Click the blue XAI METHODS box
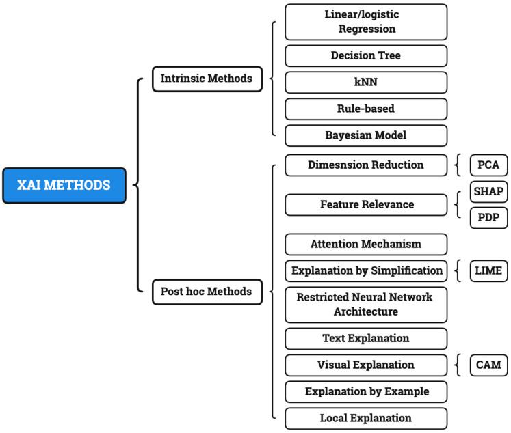[x=64, y=185]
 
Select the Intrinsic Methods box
[x=206, y=79]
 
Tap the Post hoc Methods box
[x=206, y=292]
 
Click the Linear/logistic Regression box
[x=366, y=22]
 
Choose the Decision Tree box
[x=366, y=56]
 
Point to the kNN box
[x=366, y=83]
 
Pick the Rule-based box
[x=366, y=109]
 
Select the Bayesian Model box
[x=366, y=135]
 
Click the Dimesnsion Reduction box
[x=366, y=165]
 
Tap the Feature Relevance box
[x=366, y=204]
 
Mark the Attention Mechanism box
[x=366, y=244]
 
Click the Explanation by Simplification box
[x=366, y=270]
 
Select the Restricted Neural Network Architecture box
[x=366, y=305]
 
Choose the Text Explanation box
[x=366, y=339]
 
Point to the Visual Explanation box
[x=366, y=365]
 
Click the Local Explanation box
[x=366, y=418]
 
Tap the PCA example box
[x=488, y=165]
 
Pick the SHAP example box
[x=488, y=191]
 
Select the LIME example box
[x=488, y=270]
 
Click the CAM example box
[x=488, y=365]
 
